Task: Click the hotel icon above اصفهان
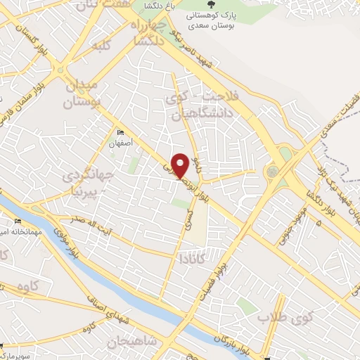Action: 119,132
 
